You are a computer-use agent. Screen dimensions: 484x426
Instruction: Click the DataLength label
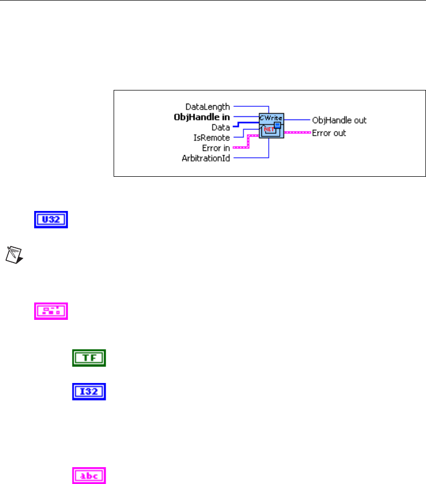point(209,106)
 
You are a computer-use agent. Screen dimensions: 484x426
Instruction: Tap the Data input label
point(220,127)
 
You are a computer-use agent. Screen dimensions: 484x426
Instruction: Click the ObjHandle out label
point(339,120)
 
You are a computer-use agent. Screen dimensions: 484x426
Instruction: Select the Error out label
point(329,133)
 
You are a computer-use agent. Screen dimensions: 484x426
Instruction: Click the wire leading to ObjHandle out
point(297,120)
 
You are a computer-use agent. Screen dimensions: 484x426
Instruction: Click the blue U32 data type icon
point(51,220)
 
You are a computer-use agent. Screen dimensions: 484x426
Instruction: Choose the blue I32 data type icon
point(89,391)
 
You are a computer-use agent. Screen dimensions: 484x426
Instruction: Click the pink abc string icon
point(89,476)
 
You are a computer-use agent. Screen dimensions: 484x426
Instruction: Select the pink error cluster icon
point(51,310)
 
